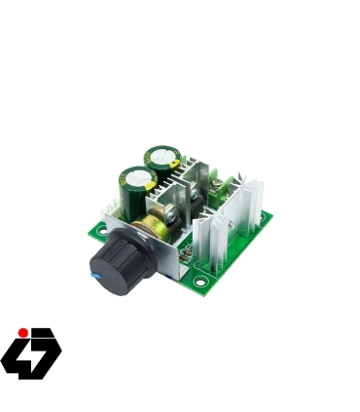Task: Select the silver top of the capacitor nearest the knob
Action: point(135,178)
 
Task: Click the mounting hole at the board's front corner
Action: point(201,287)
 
